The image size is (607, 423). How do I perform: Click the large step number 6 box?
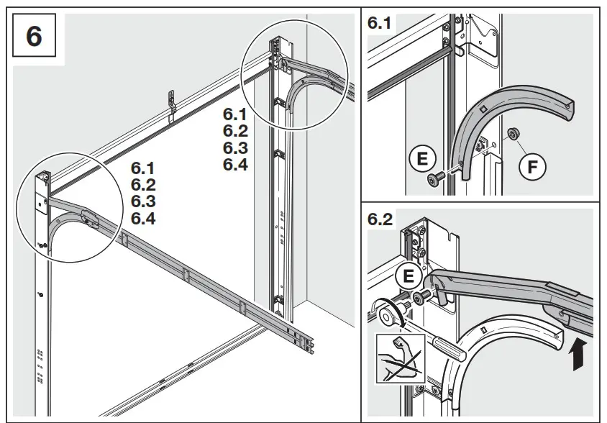(x=34, y=35)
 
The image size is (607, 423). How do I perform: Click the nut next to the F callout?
(x=513, y=133)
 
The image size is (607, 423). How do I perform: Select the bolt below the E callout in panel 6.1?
(x=434, y=179)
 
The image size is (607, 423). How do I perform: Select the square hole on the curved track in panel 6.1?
(x=484, y=108)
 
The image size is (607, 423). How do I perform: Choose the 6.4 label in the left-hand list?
(x=143, y=217)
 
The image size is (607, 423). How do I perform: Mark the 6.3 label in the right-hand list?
(x=234, y=147)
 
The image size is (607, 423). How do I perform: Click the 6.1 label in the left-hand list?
(x=143, y=168)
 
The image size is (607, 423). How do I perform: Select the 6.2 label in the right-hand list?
(x=234, y=131)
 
